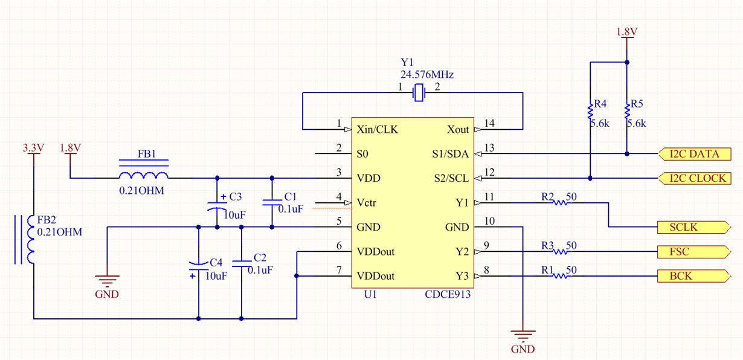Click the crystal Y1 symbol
pyautogui.click(x=419, y=92)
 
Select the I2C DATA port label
pyautogui.click(x=695, y=154)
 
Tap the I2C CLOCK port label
pyautogui.click(x=695, y=178)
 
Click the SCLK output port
pyautogui.click(x=694, y=227)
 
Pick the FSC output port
pyautogui.click(x=694, y=251)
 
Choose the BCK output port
pyautogui.click(x=694, y=276)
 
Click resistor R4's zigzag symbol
pyautogui.click(x=590, y=111)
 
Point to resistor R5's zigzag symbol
pyautogui.click(x=627, y=111)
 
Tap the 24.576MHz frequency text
pyautogui.click(x=427, y=75)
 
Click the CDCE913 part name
pyautogui.click(x=448, y=294)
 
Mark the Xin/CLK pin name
pyautogui.click(x=377, y=129)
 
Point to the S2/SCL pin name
pyautogui.click(x=451, y=179)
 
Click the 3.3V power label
pyautogui.click(x=33, y=147)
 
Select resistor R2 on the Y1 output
pyautogui.click(x=561, y=202)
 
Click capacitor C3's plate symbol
pyautogui.click(x=217, y=206)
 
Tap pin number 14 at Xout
pyautogui.click(x=489, y=123)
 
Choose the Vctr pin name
pyautogui.click(x=367, y=203)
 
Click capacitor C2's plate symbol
pyautogui.click(x=242, y=264)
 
